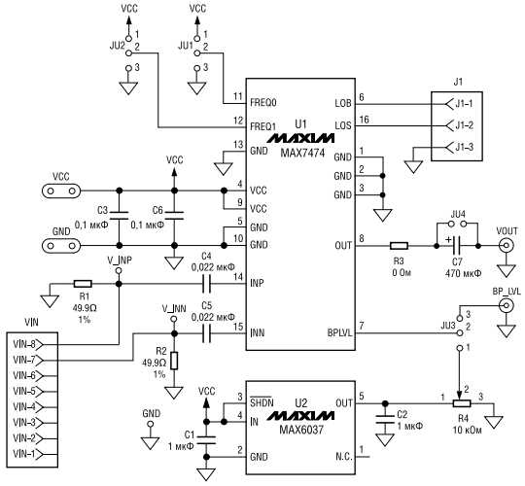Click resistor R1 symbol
82,285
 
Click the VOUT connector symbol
506,246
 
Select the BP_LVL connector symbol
505,307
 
